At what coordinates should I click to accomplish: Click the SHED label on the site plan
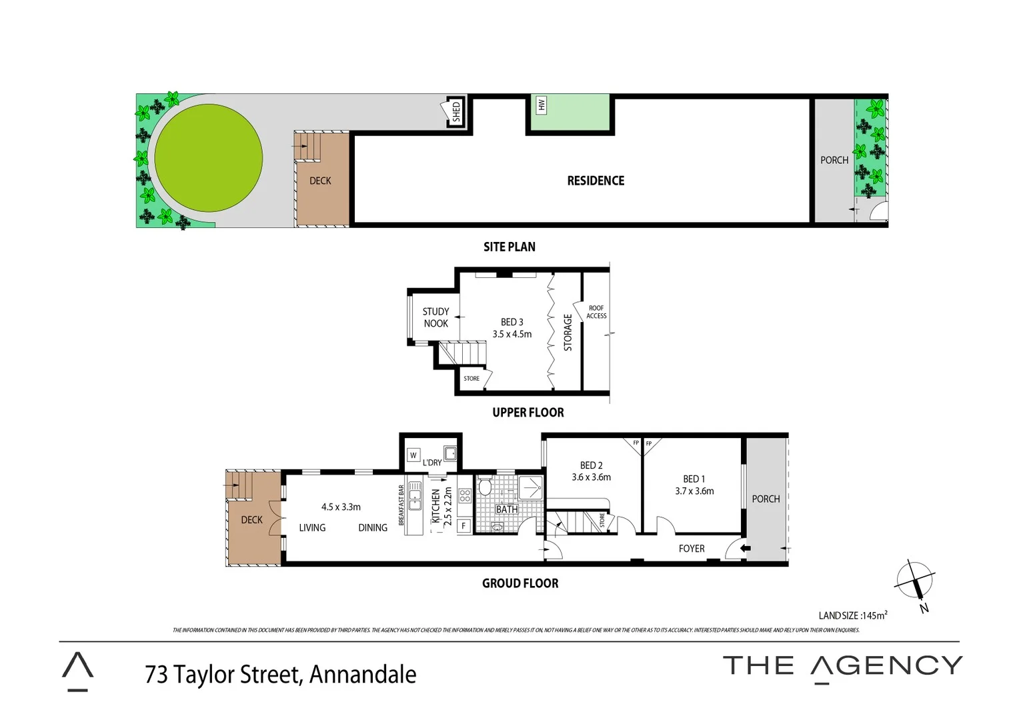(456, 112)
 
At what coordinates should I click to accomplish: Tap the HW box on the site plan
(542, 105)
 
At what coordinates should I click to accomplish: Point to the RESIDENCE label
(596, 181)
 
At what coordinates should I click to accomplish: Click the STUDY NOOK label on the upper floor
(435, 317)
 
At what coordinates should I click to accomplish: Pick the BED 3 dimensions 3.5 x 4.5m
(512, 334)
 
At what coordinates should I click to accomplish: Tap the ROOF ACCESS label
(596, 312)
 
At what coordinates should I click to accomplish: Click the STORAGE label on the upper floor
(568, 332)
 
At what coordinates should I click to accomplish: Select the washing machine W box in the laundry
(413, 455)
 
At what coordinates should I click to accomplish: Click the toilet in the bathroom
(485, 488)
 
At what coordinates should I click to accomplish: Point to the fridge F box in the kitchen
(463, 526)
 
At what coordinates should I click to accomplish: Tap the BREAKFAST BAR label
(401, 505)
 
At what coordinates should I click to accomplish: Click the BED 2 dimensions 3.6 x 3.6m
(591, 477)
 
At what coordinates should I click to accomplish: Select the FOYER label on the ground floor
(692, 549)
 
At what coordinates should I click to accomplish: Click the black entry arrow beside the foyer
(745, 549)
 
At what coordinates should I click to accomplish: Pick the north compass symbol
(914, 580)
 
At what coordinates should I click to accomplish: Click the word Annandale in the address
(363, 675)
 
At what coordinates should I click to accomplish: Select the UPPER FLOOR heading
(528, 413)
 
